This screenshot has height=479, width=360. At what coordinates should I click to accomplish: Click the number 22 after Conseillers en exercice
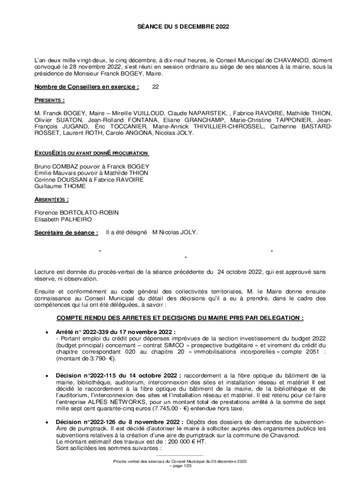point(157,87)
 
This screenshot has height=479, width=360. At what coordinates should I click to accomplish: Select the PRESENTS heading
point(50,100)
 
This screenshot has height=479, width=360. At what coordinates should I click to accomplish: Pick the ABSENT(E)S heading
point(51,199)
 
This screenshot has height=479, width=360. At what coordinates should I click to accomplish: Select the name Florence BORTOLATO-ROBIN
point(77,212)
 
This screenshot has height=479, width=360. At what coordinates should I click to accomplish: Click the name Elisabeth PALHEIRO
point(63,219)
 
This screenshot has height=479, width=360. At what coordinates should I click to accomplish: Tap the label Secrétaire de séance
point(66,232)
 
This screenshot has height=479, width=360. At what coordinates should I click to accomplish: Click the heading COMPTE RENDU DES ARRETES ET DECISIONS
point(180,318)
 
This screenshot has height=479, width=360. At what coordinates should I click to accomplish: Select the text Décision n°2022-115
point(88,376)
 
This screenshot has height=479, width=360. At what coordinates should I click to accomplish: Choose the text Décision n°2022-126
point(88,422)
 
